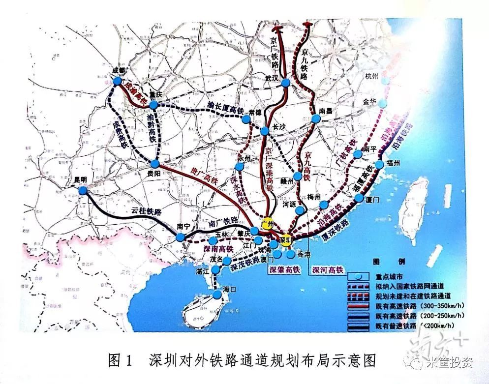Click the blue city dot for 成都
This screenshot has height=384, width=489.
tap(117, 81)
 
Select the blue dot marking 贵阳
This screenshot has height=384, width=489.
tap(155, 164)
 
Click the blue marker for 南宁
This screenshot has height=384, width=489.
tap(181, 237)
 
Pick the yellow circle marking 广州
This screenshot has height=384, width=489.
tap(267, 223)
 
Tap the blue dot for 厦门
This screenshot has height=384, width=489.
tap(358, 199)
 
